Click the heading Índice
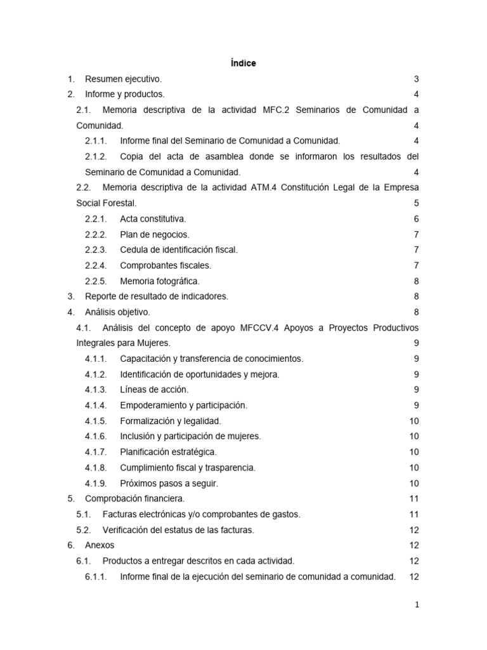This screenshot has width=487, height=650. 243,63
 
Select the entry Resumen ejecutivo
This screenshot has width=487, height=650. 123,79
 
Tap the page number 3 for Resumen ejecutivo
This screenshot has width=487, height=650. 416,79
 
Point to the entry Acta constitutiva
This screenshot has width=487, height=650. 153,219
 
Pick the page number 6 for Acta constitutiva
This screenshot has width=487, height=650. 416,219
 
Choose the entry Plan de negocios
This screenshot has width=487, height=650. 154,234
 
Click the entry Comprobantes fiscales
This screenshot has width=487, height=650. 166,265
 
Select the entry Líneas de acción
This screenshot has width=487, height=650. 154,390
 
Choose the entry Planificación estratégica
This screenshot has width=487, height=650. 168,452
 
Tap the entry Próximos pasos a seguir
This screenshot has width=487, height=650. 169,483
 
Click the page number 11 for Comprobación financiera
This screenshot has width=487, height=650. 414,499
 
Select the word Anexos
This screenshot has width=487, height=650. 100,545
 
